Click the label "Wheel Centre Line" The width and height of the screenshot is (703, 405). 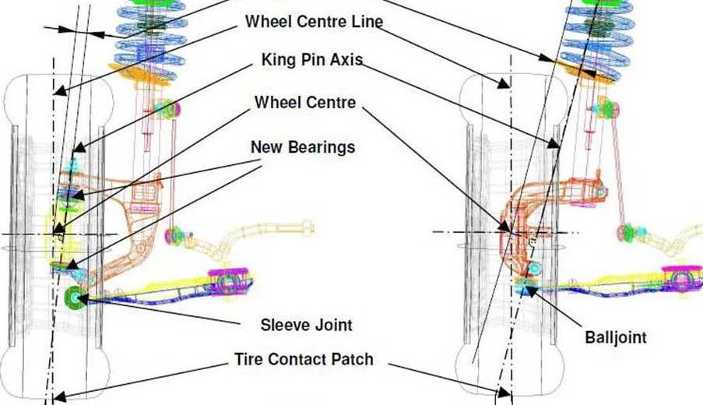[314, 21]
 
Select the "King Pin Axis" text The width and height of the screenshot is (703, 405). [312, 59]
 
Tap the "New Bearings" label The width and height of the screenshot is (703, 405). [303, 146]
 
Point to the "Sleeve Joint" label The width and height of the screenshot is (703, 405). [305, 325]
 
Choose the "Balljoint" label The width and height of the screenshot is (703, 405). [615, 337]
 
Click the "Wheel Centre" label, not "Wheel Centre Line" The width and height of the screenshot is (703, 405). [305, 102]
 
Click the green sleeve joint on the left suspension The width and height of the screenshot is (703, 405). [76, 296]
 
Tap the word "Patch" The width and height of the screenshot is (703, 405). [352, 359]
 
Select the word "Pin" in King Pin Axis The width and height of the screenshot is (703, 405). [315, 59]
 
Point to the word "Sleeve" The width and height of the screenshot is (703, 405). [284, 325]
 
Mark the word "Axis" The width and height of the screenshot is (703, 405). [347, 59]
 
